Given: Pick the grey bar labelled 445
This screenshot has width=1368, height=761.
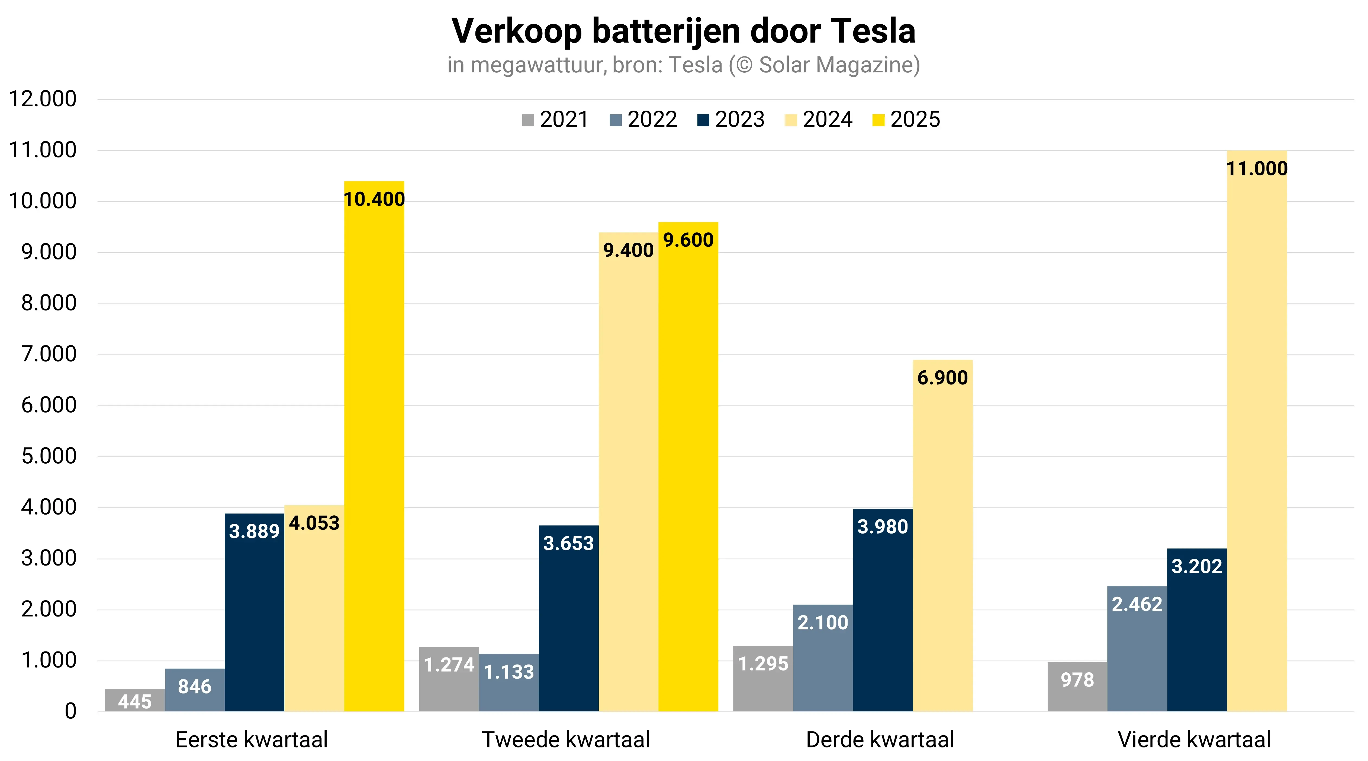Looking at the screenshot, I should pyautogui.click(x=135, y=701).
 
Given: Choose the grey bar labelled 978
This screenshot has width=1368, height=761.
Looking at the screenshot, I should pyautogui.click(x=1077, y=688).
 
